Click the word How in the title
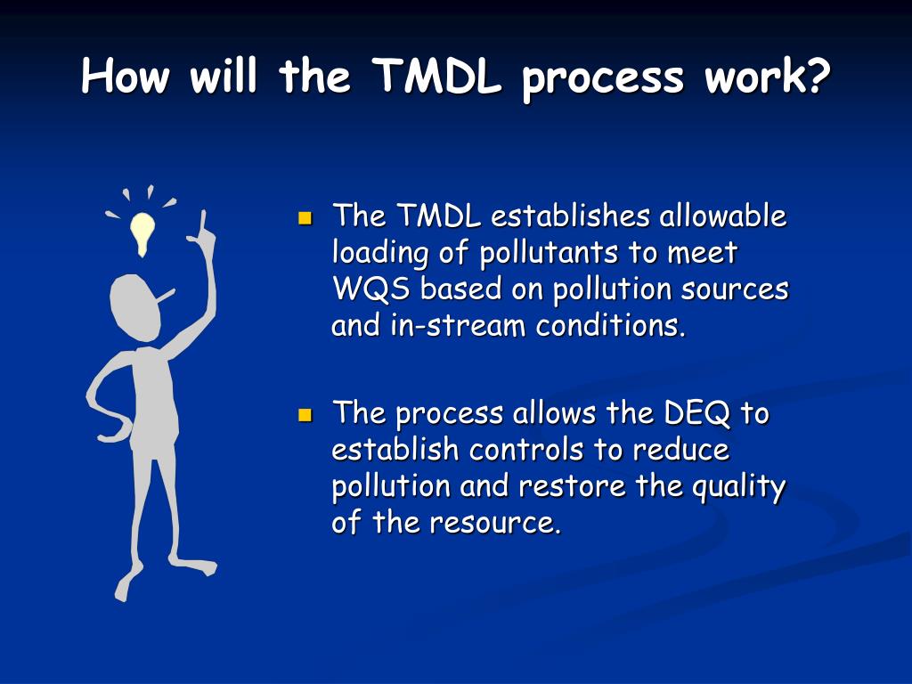126,77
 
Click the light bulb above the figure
142,231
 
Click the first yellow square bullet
305,217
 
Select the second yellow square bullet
305,415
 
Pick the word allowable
723,216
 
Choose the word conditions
611,326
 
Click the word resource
495,524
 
